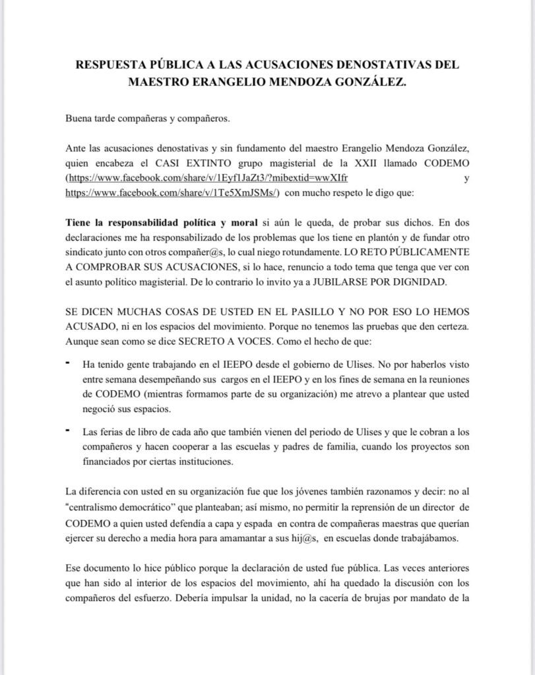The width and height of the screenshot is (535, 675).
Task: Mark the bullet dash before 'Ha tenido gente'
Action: tap(68, 363)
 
